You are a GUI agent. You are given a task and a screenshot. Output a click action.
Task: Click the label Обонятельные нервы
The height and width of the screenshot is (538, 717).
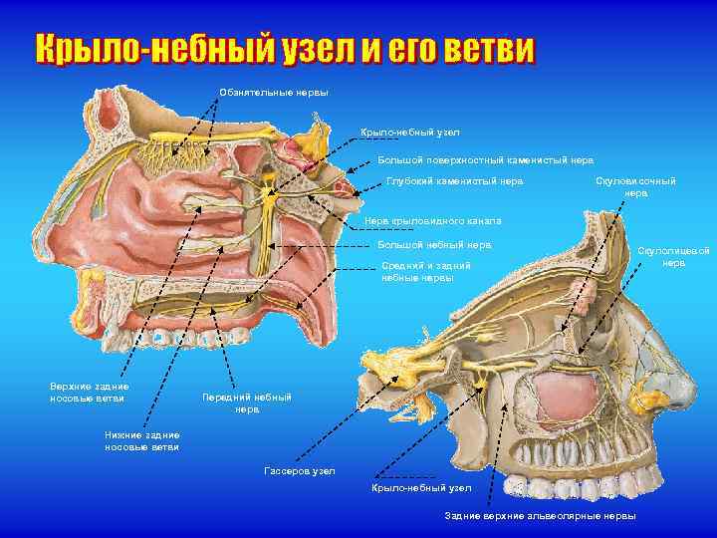coord(273,94)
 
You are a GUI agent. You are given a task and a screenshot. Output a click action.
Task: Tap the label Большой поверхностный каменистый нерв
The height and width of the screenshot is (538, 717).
coord(485,159)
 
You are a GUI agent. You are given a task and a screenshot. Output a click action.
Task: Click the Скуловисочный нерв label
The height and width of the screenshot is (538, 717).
coord(635,187)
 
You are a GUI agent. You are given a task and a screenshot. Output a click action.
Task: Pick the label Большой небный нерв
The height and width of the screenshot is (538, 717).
coord(435,245)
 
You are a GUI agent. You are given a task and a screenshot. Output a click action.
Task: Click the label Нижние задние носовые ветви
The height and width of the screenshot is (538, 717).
coord(142,441)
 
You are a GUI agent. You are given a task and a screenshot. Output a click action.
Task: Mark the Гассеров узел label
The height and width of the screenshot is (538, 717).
coord(300,470)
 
